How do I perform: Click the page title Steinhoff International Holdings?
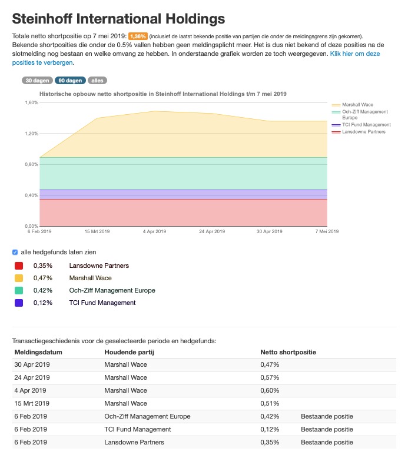pyautogui.click(x=118, y=18)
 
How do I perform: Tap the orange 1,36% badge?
pyautogui.click(x=138, y=36)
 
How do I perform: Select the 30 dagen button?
pyautogui.click(x=36, y=81)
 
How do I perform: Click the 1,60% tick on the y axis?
pyautogui.click(x=31, y=102)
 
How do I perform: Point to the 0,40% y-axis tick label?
pyautogui.click(x=31, y=195)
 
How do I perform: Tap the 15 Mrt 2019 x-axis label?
pyautogui.click(x=97, y=231)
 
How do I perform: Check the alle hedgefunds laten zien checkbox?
pyautogui.click(x=15, y=252)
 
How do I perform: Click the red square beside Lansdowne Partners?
pyautogui.click(x=19, y=266)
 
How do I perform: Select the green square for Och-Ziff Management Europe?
pyautogui.click(x=19, y=291)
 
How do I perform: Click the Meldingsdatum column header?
pyautogui.click(x=38, y=352)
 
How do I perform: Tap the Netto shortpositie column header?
pyautogui.click(x=288, y=352)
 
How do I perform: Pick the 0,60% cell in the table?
pyautogui.click(x=270, y=390)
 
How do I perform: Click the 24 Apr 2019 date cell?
pyautogui.click(x=32, y=377)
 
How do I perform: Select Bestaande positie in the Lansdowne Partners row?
pyautogui.click(x=327, y=442)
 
